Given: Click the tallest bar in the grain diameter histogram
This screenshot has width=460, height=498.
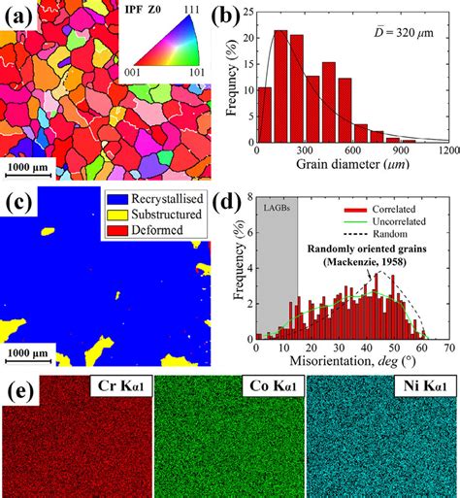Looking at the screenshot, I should coord(280,98).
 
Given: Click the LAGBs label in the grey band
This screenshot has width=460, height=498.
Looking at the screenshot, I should coord(276,205).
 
